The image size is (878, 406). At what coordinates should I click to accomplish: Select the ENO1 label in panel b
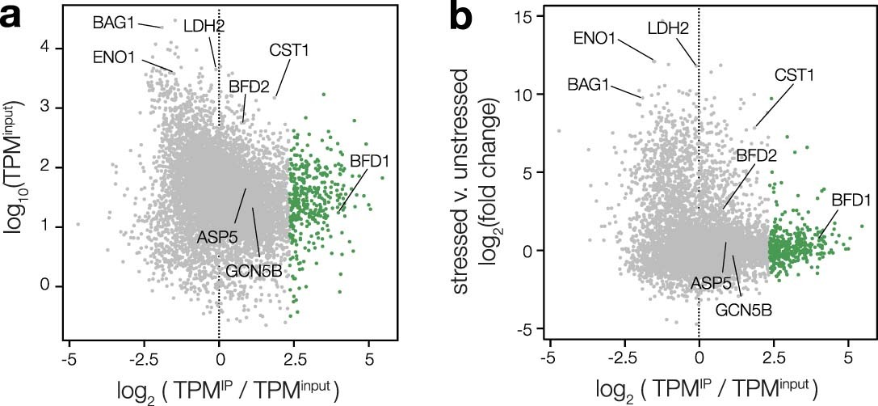point(595,37)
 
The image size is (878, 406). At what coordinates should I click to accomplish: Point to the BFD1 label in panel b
point(851,198)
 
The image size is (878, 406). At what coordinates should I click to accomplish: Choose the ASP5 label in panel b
point(711,282)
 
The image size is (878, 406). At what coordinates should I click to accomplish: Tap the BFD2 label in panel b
point(757,155)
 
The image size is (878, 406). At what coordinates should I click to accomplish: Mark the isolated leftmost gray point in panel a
point(78,224)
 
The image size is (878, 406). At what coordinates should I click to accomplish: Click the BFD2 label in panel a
point(249,84)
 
